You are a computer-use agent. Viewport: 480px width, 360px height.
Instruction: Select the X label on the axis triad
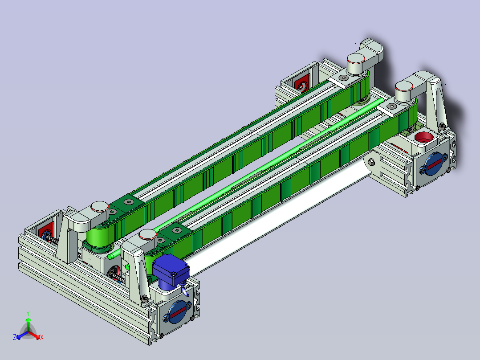click(x=42, y=338)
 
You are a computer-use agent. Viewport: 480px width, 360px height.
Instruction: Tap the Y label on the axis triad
click(x=28, y=313)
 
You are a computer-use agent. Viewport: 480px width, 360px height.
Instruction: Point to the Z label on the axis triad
click(x=15, y=338)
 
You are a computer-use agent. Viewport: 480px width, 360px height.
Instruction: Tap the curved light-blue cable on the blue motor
click(x=183, y=290)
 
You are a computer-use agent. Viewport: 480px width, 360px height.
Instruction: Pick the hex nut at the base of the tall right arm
click(x=442, y=127)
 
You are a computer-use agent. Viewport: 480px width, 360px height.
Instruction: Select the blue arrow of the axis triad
click(x=20, y=335)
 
